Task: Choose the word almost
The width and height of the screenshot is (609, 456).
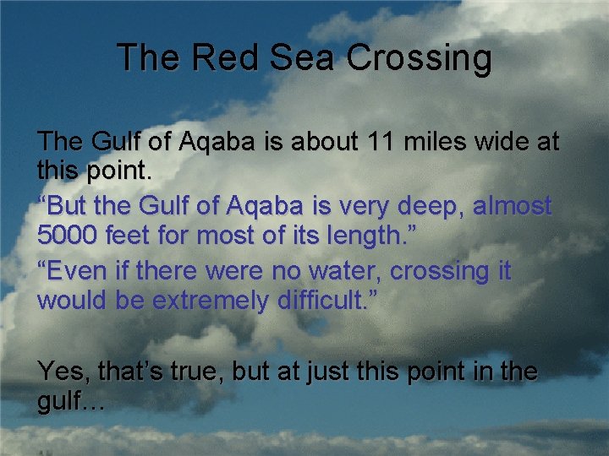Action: (512, 206)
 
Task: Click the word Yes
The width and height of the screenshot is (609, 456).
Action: (64, 371)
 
